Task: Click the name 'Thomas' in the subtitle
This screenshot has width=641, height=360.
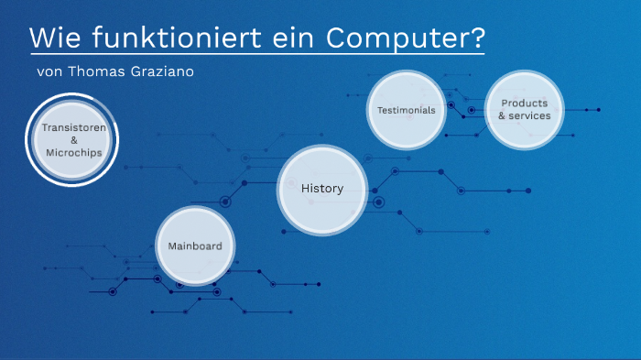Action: click(x=100, y=71)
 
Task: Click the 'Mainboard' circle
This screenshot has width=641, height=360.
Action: click(x=195, y=245)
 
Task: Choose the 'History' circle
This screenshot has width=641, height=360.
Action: click(x=321, y=189)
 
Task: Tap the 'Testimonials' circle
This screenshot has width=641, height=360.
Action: click(x=406, y=110)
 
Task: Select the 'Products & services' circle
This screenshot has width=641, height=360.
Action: click(x=524, y=110)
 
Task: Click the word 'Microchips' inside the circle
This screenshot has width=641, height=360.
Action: click(x=73, y=153)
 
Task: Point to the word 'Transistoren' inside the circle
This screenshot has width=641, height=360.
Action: click(x=73, y=128)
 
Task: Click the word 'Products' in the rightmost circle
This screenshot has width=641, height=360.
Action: click(x=524, y=104)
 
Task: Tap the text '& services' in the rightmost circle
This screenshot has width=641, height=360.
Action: click(x=524, y=116)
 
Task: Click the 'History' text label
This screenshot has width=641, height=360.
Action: click(x=321, y=189)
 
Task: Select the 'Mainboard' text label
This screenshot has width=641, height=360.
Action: click(x=195, y=245)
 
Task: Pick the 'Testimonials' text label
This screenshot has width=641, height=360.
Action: click(x=406, y=110)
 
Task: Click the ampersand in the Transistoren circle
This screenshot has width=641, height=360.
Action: click(x=73, y=140)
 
